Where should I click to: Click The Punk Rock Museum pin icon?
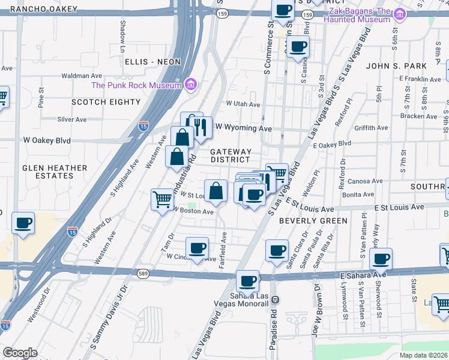point(191,85)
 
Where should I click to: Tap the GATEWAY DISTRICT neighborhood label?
point(231,156)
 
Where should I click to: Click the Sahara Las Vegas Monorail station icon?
point(275,299)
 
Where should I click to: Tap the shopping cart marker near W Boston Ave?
point(162,198)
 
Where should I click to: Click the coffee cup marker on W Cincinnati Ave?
point(197,247)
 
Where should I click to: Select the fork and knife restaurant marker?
point(200,127)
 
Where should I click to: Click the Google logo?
point(20,353)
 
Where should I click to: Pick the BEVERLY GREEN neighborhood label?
point(313,221)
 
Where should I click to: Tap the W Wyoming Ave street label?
point(244,128)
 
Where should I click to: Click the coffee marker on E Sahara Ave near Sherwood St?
point(381,259)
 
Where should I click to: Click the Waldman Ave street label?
point(82,76)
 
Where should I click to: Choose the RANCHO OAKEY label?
point(48,8)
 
